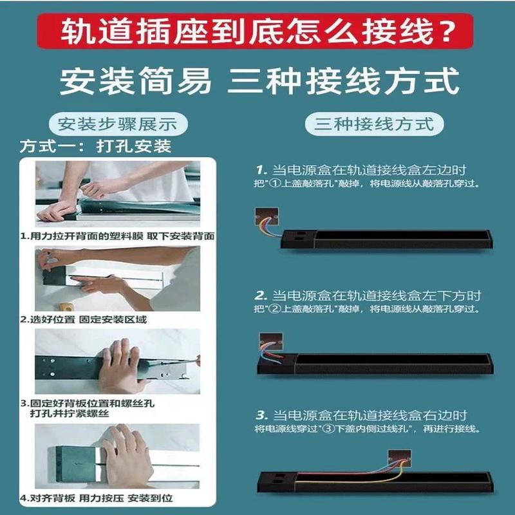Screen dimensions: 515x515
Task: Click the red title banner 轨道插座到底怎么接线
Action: pos(255,31)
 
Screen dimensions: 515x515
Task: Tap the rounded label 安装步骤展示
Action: pos(118,124)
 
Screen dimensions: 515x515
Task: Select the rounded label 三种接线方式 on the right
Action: pos(374,124)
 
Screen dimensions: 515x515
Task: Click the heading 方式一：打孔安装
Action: pos(95,146)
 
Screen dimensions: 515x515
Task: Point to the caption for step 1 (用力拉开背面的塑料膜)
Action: pos(117,236)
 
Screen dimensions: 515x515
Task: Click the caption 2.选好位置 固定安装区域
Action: pos(84,319)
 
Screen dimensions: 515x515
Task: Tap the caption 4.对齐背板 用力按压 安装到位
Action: pos(97,498)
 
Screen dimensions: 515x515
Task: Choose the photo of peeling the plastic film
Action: pos(118,194)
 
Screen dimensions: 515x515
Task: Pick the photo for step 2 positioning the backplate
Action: pos(118,279)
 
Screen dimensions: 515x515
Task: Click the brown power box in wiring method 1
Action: pos(267,216)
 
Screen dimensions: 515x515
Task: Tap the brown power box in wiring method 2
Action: pos(271,342)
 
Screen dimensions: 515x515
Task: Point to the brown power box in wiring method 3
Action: pos(400,458)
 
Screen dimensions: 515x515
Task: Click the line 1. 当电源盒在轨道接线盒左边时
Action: pos(361,170)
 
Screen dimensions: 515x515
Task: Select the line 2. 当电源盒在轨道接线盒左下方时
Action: pos(368,295)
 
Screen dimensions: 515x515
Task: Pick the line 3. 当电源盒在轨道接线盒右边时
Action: pos(361,415)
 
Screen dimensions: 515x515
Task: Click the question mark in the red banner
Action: pos(446,30)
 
